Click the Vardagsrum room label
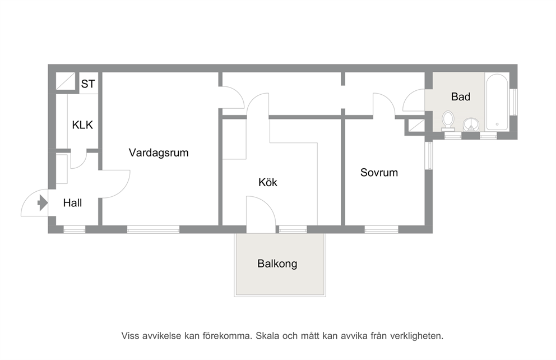[159, 153]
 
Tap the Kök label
[268, 182]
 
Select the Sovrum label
[379, 172]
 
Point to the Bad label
[461, 96]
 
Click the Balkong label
[277, 264]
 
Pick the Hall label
[72, 203]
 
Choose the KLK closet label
[82, 125]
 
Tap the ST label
[88, 84]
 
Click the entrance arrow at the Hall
[43, 203]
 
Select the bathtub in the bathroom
[497, 102]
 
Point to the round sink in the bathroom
[471, 125]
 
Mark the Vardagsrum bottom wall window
[153, 229]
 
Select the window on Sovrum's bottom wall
[382, 229]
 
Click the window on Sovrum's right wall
[429, 156]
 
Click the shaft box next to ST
[66, 81]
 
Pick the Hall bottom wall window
[75, 229]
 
